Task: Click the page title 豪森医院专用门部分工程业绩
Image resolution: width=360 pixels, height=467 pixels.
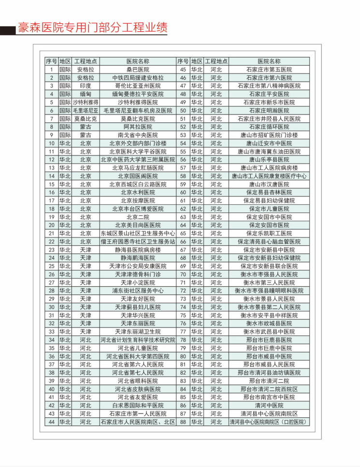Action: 92,27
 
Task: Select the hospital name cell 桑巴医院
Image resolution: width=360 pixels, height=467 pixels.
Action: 138,70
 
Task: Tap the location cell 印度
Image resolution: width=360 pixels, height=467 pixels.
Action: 86,86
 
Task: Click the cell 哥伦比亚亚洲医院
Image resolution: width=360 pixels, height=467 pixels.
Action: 138,86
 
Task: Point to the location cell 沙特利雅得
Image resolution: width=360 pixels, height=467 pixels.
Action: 86,102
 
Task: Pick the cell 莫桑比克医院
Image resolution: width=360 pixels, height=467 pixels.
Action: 138,119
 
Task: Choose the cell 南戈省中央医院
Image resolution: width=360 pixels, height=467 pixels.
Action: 138,135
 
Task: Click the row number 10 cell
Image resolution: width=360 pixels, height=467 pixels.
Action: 51,143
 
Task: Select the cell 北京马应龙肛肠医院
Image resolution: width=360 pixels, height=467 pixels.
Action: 138,168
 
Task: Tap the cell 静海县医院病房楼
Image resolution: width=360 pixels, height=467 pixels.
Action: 138,250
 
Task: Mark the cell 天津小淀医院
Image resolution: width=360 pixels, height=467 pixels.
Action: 138,283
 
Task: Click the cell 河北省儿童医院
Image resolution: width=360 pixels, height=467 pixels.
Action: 138,348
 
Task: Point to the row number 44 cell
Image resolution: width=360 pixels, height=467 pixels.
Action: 51,422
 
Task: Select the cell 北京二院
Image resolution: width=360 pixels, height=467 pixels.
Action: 138,217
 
